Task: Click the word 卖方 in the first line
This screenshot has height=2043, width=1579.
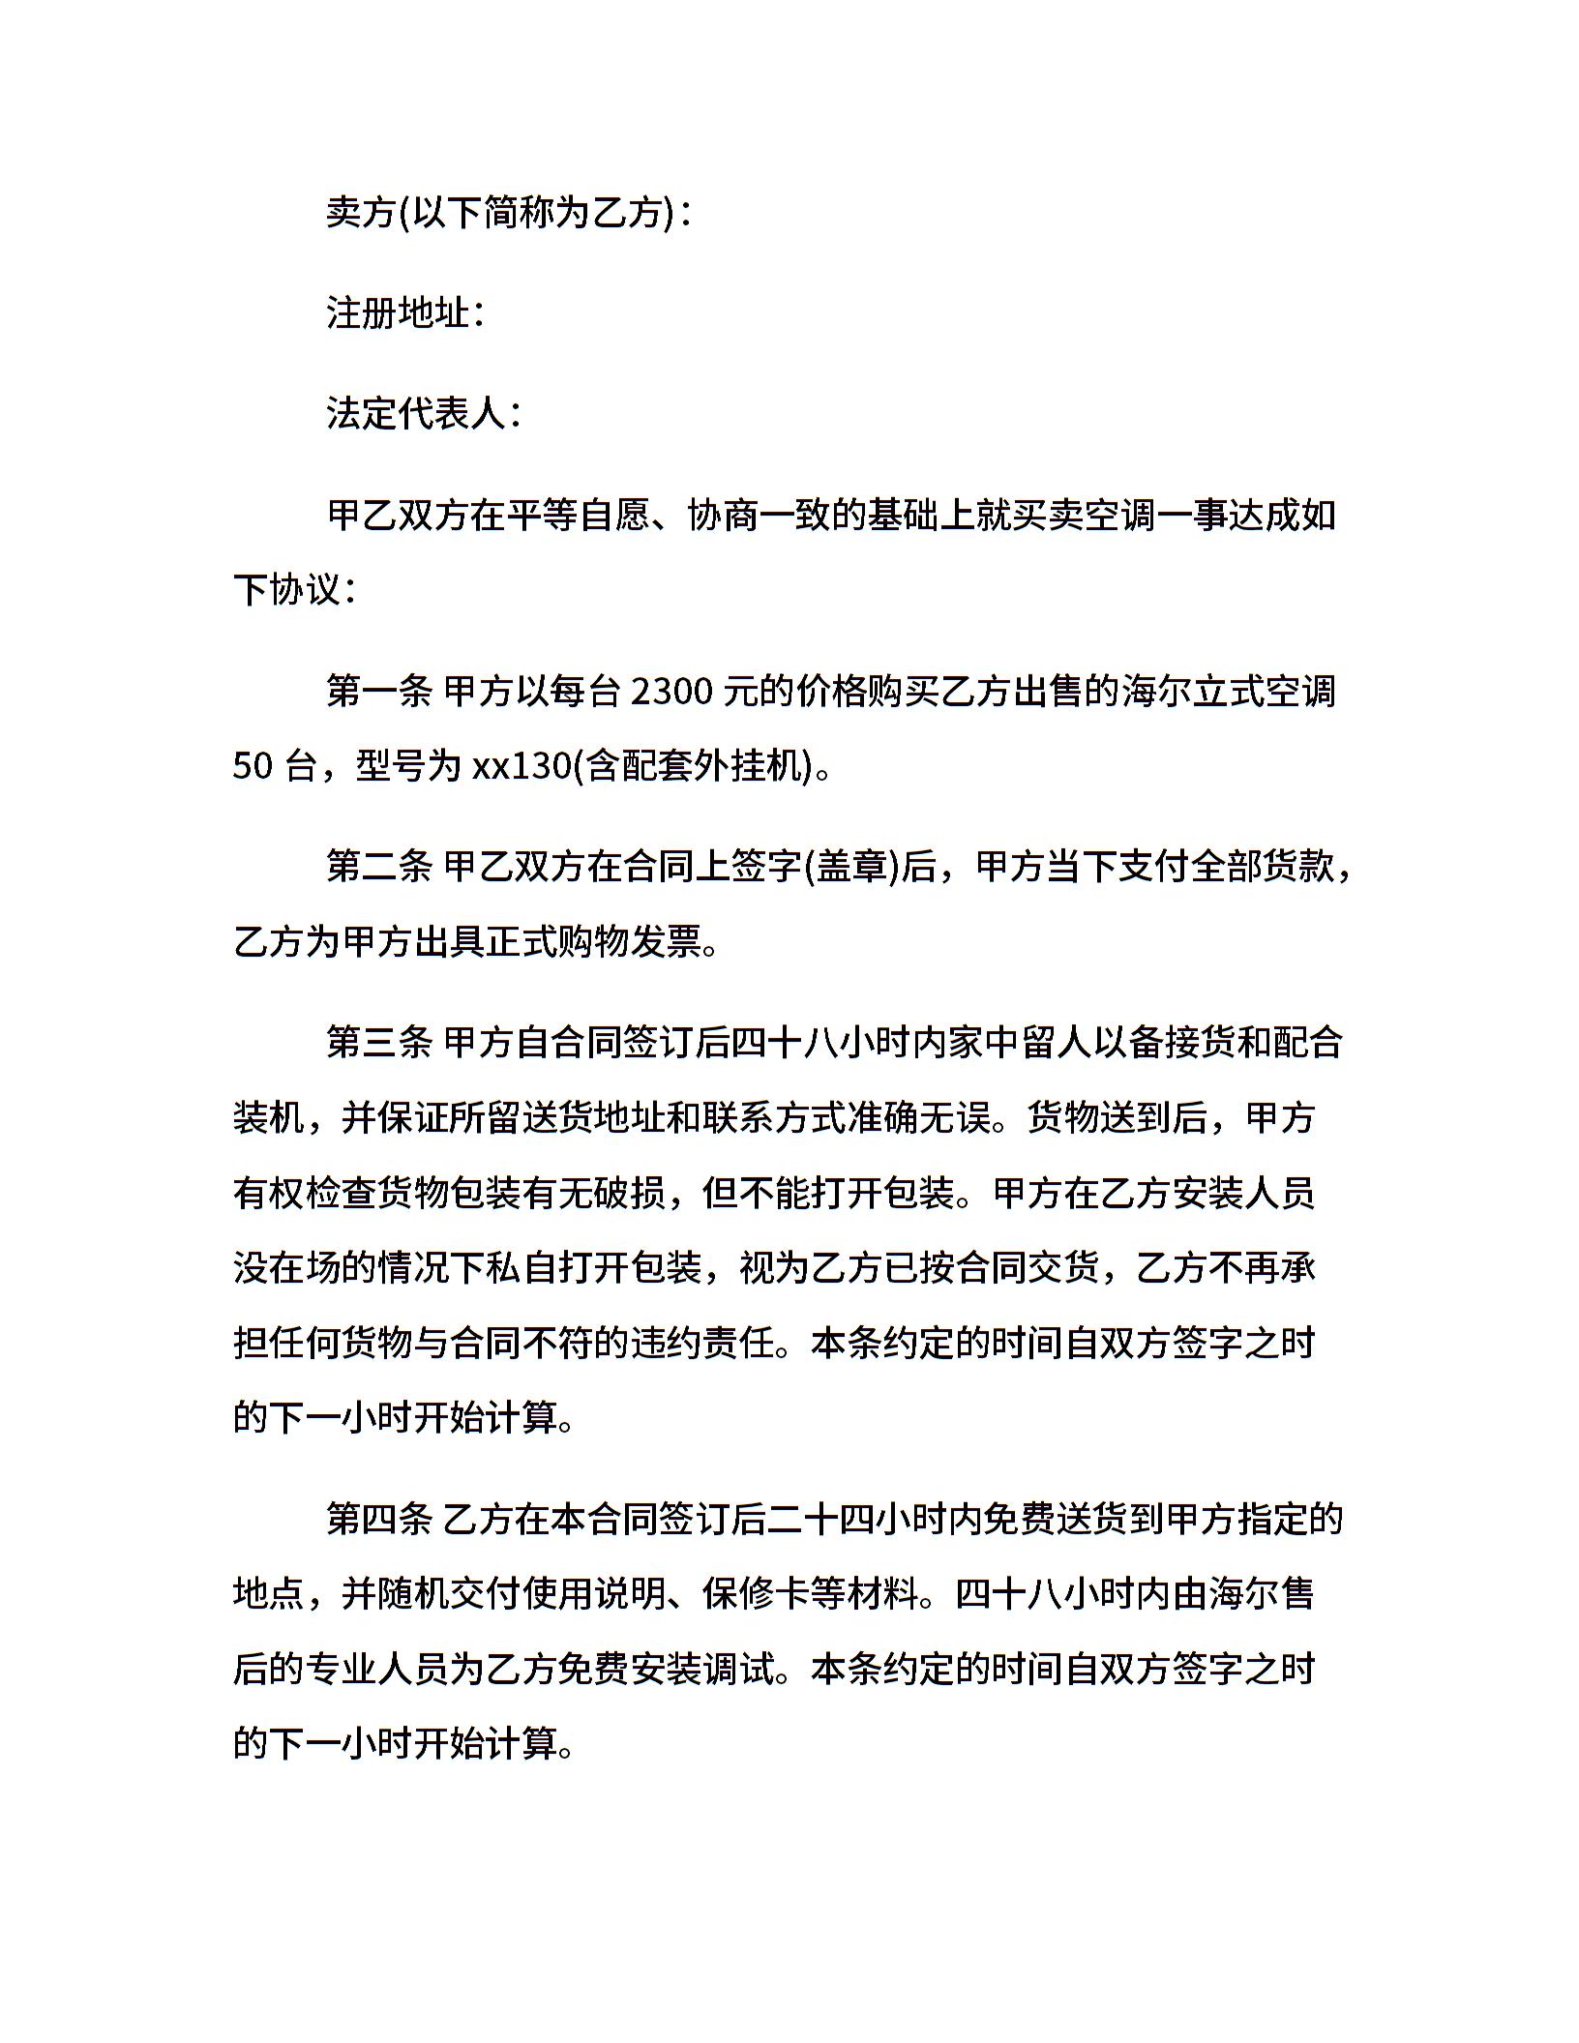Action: [362, 213]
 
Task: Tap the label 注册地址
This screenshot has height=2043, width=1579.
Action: [398, 313]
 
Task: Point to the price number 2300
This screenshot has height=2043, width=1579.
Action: [671, 692]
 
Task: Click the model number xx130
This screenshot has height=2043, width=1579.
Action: [522, 766]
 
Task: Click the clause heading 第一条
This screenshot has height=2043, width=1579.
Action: [379, 692]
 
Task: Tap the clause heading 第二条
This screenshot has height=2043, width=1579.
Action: [379, 867]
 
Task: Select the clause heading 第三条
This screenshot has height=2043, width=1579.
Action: [379, 1043]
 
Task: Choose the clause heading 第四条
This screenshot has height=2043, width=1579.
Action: [379, 1520]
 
